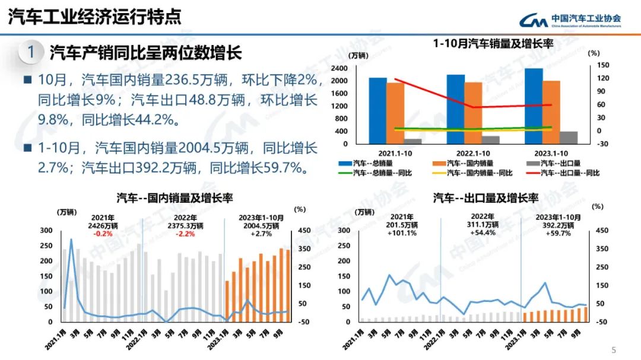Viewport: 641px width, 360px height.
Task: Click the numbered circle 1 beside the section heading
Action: [x=30, y=52]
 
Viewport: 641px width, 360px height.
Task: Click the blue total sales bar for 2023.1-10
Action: [x=533, y=106]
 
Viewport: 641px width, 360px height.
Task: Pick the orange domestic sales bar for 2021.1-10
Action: [x=395, y=113]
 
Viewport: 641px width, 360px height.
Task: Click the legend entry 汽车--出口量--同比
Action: [x=564, y=173]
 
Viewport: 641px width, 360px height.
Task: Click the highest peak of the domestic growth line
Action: [x=72, y=240]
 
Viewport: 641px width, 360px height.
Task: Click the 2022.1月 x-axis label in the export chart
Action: [x=435, y=338]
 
